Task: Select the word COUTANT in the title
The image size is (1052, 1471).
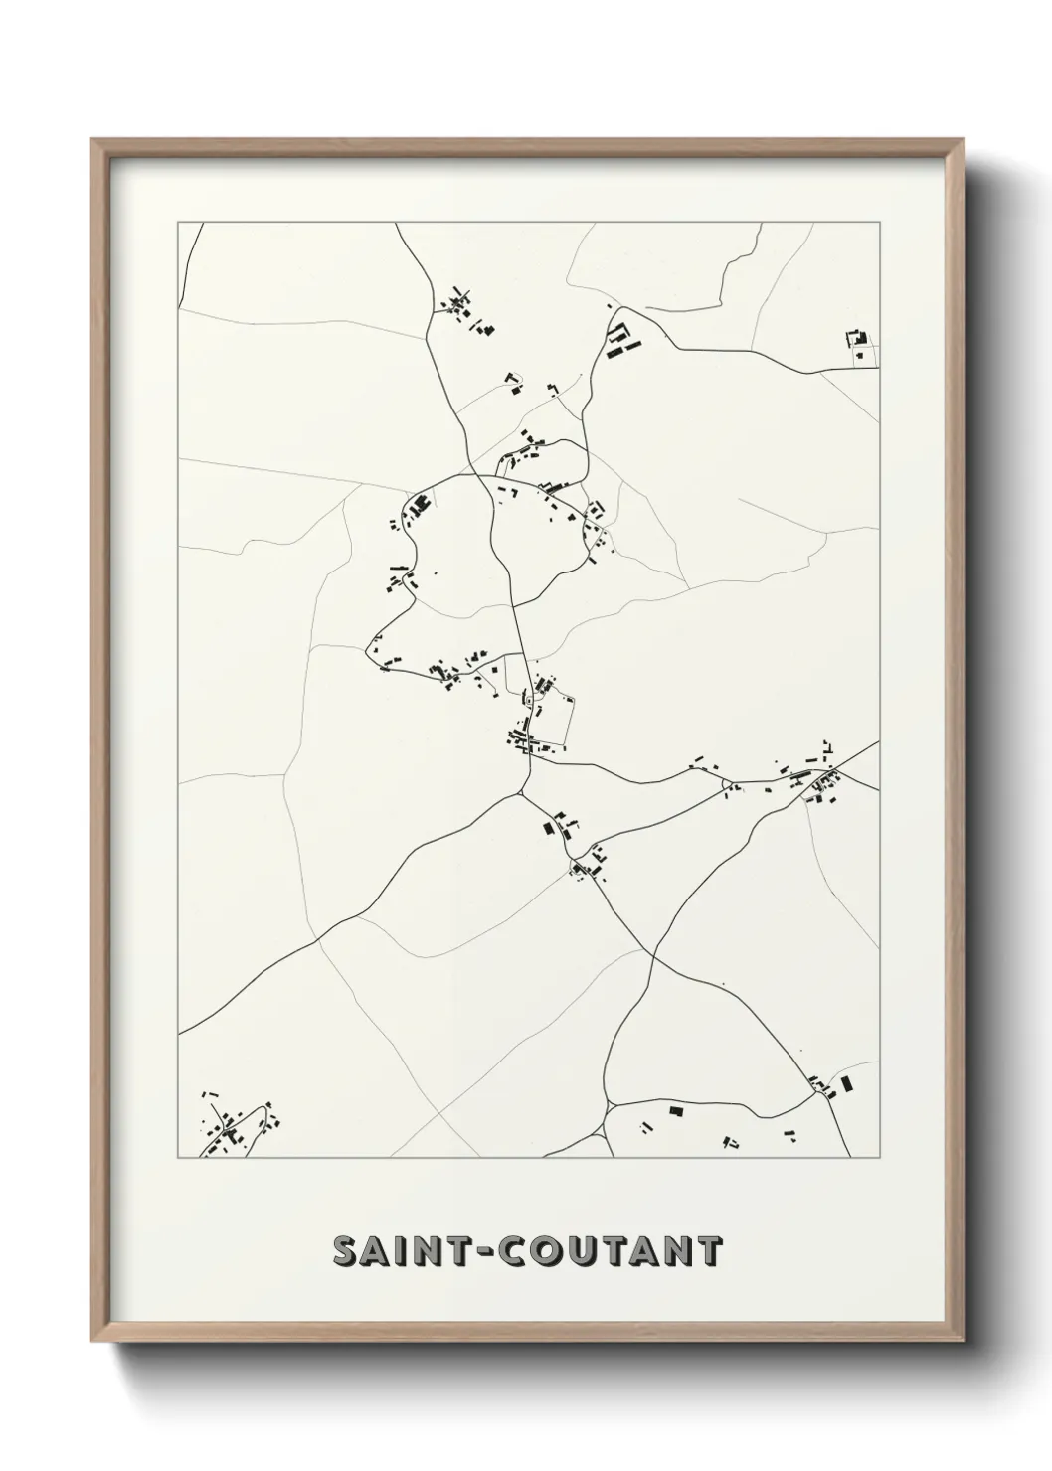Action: point(609,1252)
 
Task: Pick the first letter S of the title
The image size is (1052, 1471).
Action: point(344,1252)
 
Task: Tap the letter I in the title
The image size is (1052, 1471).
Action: point(402,1252)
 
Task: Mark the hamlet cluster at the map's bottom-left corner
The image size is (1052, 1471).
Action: point(236,1128)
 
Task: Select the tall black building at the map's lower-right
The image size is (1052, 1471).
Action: point(846,1084)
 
